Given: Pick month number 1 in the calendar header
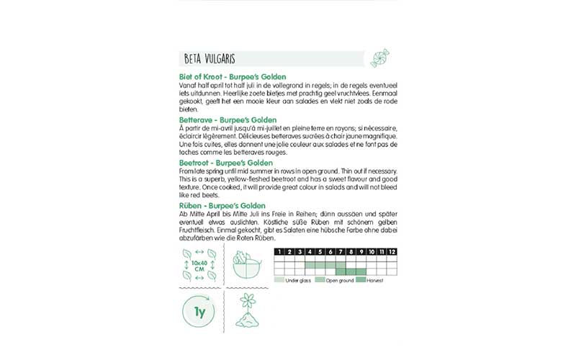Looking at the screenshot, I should tap(279, 251).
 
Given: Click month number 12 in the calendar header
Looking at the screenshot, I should tap(392, 251).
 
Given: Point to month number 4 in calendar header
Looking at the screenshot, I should tap(310, 251).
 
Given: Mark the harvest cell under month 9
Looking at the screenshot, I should tap(361, 271).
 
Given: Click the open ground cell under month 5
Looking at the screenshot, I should tap(320, 265).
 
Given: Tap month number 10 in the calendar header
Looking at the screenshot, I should tap(372, 251).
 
